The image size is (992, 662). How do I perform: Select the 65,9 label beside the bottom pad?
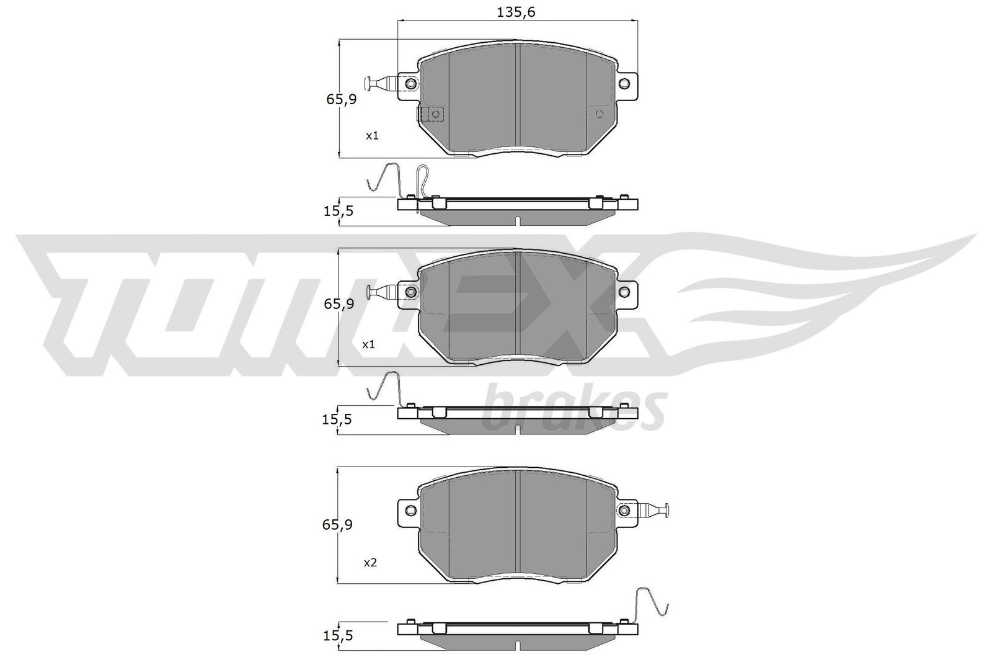pos(337,525)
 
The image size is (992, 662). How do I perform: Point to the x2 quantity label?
pos(370,563)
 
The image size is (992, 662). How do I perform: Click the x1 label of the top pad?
pos(372,135)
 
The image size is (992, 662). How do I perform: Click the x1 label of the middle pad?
pos(369,344)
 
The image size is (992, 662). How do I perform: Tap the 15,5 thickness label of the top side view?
pos(339,211)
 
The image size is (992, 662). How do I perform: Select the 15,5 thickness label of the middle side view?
pos(337,419)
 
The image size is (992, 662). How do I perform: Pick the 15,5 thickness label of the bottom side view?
pos(337,636)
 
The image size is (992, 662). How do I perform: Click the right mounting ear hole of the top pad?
pos(625,83)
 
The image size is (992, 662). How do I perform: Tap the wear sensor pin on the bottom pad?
pos(654,510)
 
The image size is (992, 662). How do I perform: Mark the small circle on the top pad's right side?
pos(600,114)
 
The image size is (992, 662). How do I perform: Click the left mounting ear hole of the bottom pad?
pos(409,510)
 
